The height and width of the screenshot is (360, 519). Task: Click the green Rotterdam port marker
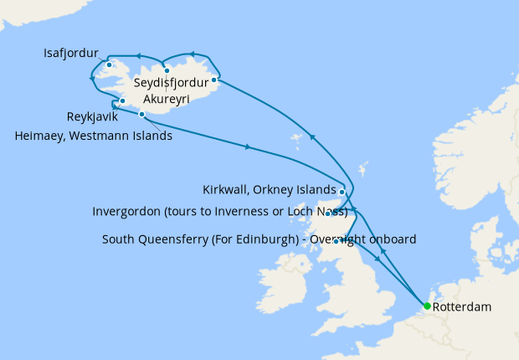click(427, 306)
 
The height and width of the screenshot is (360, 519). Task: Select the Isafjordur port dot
click(110, 64)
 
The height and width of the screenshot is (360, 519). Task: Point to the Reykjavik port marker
click(122, 101)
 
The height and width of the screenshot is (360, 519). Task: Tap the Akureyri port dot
click(167, 71)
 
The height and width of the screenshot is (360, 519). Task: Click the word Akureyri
click(167, 99)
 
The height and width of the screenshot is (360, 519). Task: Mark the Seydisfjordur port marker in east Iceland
click(215, 80)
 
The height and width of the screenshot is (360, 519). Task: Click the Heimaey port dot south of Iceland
click(142, 114)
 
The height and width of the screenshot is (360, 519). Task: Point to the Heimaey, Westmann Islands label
click(94, 136)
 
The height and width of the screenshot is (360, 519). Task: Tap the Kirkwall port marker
click(342, 192)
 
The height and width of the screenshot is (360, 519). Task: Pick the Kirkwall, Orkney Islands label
click(269, 189)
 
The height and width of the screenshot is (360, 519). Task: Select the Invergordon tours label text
click(219, 212)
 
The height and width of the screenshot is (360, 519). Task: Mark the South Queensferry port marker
click(337, 242)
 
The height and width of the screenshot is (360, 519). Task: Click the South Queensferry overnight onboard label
click(259, 239)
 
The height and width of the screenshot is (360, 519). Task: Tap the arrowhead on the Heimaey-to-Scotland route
click(248, 147)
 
